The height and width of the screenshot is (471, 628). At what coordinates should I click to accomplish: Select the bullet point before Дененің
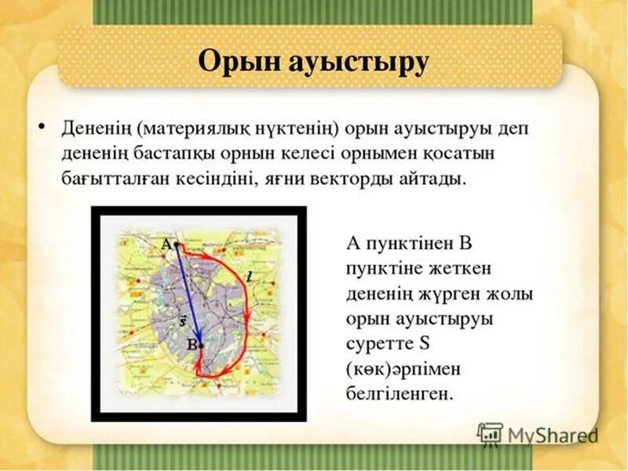click(x=41, y=126)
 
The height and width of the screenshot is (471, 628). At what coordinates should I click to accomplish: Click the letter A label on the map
click(x=166, y=244)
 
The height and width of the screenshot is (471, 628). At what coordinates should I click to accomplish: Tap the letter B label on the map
click(x=191, y=344)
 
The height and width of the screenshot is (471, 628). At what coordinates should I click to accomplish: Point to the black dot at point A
click(x=177, y=245)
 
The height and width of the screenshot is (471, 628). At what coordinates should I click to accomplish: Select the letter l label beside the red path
click(x=249, y=276)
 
